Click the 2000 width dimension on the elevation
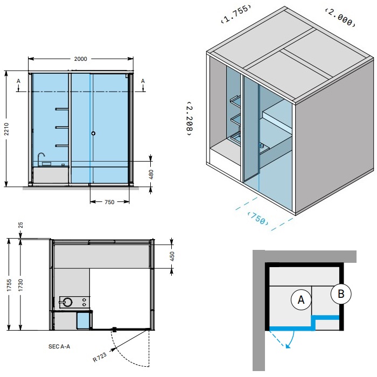[x=81, y=59]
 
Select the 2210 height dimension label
[x=6, y=129]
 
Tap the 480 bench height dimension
[x=151, y=174]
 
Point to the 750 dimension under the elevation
[x=109, y=202]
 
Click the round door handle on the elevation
[x=93, y=133]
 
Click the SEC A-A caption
[x=59, y=346]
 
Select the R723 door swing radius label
[x=100, y=357]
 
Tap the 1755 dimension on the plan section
[x=9, y=285]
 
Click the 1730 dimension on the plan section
[x=20, y=285]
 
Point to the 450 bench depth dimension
[x=172, y=256]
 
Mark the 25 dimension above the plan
[x=20, y=225]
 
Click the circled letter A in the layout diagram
[x=301, y=300]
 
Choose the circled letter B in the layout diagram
[x=341, y=294]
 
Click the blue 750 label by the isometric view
[x=258, y=218]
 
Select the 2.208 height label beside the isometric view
[x=190, y=119]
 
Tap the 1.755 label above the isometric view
[x=236, y=13]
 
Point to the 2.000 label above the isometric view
[x=340, y=17]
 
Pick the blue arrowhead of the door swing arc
[x=288, y=346]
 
